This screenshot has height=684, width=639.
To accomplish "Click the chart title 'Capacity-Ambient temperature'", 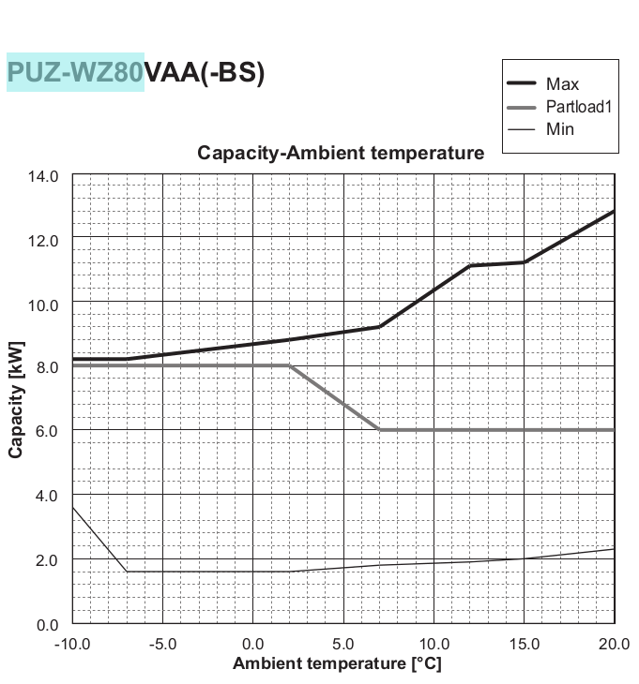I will (341, 153).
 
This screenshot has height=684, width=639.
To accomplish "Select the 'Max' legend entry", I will (562, 84).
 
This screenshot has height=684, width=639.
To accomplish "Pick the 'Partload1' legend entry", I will (578, 107).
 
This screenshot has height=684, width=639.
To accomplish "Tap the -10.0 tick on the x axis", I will (72, 644).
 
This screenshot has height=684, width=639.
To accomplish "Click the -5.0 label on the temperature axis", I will (162, 644).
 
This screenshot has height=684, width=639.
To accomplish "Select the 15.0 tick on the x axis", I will (524, 644).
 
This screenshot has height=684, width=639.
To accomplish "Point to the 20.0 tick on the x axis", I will (614, 644).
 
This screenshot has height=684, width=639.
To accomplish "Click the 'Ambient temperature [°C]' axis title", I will (337, 664).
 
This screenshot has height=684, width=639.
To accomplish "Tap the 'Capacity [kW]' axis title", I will (16, 399).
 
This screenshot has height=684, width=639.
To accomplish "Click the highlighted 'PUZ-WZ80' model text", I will (75, 72).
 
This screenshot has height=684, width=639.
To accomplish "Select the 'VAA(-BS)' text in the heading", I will (205, 72).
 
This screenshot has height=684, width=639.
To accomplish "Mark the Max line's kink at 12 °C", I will (469, 266).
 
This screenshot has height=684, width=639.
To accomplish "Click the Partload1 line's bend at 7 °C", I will (379, 429).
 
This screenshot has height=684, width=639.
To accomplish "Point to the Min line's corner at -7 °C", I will (127, 572).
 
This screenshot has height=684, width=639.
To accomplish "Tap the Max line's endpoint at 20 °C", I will (614, 211).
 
